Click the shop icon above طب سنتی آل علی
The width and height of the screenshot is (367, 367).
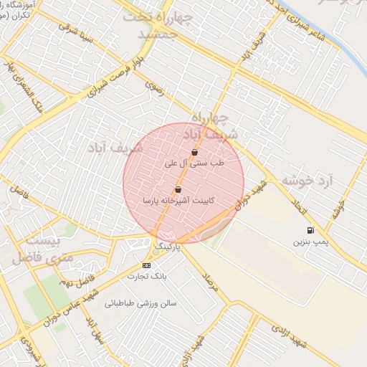point(195,152)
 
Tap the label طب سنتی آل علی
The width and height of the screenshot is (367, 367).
point(195,163)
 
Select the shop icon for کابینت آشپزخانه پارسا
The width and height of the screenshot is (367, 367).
point(178,190)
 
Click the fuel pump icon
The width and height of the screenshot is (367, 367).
point(310,231)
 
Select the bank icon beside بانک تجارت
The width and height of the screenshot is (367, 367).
point(147,265)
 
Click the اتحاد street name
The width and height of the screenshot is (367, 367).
point(299,210)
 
